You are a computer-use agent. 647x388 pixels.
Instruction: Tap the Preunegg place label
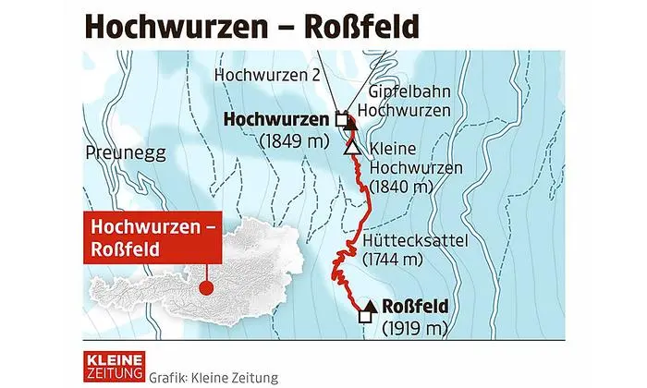coord(116,151)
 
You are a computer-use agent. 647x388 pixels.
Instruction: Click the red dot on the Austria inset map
coord(206,289)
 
